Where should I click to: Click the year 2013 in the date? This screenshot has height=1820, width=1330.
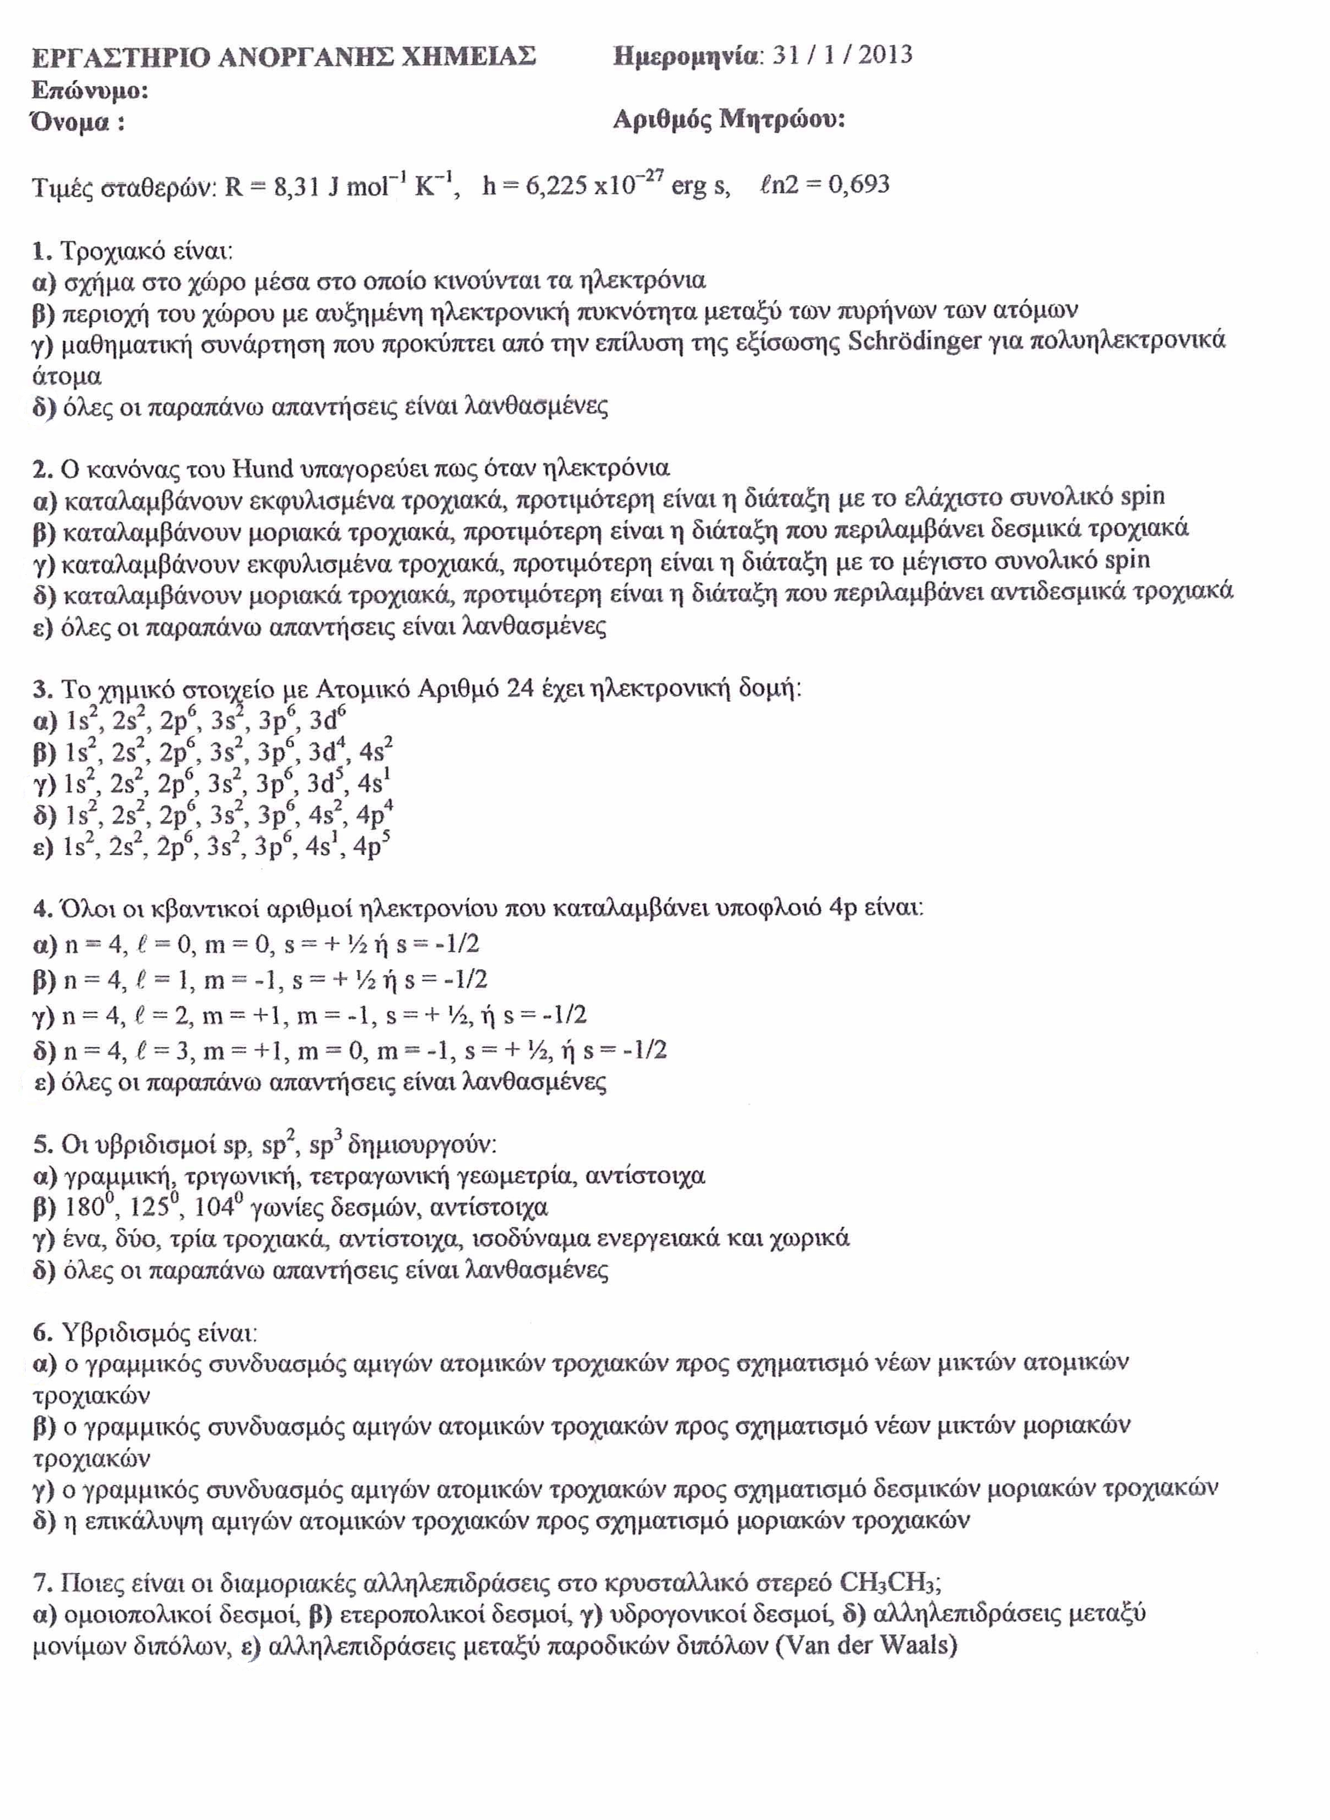pos(886,55)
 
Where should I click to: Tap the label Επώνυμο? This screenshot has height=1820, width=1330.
pos(90,90)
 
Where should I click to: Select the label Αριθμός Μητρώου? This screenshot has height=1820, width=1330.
pos(729,120)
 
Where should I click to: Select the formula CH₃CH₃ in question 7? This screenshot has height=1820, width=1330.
pos(888,1605)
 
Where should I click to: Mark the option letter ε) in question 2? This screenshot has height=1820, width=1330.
pos(43,627)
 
